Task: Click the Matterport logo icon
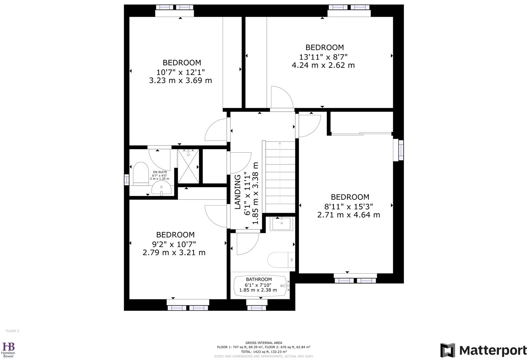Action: click(447, 350)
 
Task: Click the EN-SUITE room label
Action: click(160, 172)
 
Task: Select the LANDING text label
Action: click(238, 192)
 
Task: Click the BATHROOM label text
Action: click(259, 279)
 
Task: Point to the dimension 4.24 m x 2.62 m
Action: click(323, 65)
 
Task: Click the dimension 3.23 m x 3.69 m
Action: click(181, 81)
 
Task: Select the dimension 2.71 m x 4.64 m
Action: click(349, 215)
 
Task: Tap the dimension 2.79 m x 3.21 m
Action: click(174, 253)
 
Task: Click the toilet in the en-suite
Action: click(141, 173)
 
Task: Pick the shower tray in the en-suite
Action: click(188, 166)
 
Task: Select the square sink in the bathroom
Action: click(281, 224)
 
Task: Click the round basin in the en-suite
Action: click(161, 188)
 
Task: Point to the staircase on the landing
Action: click(279, 177)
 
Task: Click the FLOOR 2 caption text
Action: click(12, 331)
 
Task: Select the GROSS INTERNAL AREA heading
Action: click(264, 342)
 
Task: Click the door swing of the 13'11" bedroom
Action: click(281, 97)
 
